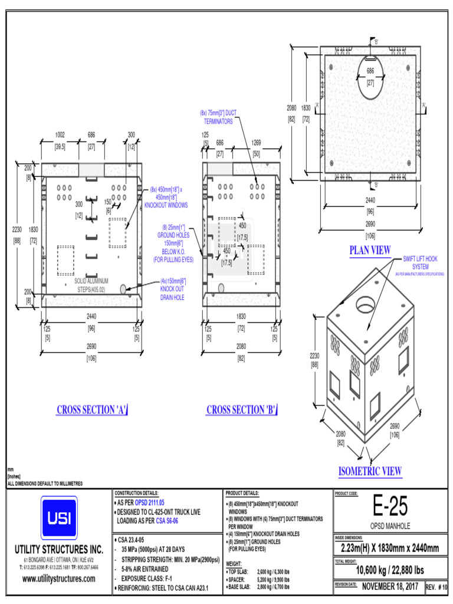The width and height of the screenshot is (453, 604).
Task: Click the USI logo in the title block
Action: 58,517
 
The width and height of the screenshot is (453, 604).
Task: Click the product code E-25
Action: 390,507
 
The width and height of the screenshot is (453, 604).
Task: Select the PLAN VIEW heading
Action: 370,251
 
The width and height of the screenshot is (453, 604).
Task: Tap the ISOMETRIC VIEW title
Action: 370,471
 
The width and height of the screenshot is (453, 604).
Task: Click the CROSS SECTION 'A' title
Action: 93,410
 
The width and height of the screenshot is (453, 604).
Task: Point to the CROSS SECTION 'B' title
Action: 242,410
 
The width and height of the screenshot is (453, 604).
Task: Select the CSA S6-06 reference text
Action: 169,521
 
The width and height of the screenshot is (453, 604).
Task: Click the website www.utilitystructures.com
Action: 58,579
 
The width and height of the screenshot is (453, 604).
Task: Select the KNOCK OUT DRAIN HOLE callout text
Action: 172,289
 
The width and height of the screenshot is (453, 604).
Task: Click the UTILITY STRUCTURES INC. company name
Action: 58,549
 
